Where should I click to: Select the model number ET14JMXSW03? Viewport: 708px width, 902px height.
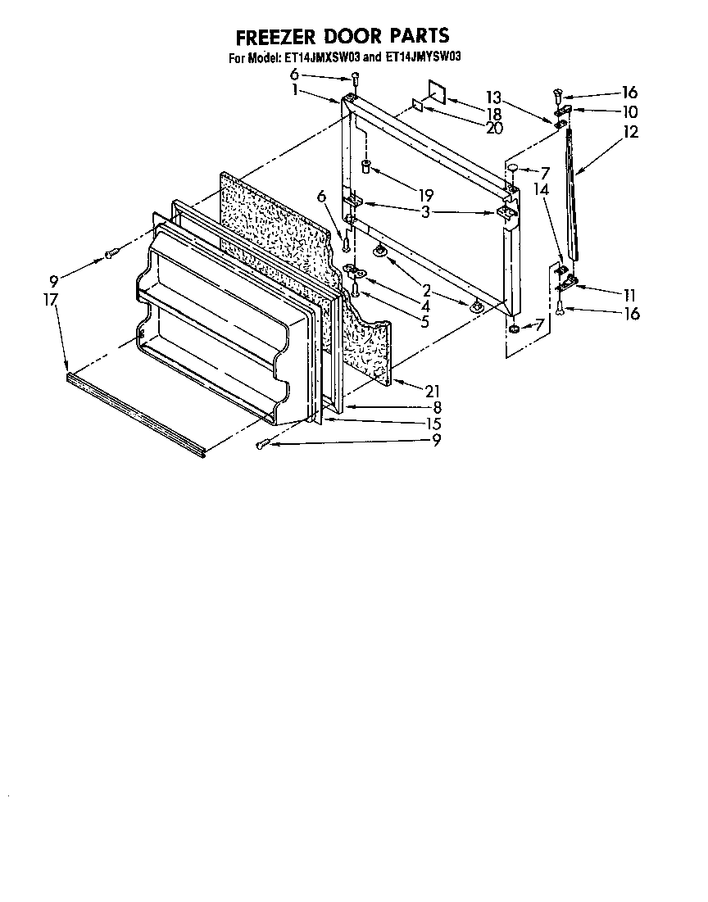[321, 58]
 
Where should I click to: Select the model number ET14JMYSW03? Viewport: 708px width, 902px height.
[424, 58]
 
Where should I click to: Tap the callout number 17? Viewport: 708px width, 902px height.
[51, 300]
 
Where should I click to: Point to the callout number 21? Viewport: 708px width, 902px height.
[433, 391]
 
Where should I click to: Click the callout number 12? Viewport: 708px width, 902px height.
[630, 131]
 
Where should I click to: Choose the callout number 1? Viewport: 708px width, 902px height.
[295, 90]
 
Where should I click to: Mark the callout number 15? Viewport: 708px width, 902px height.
[433, 424]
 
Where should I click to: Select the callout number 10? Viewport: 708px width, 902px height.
[629, 111]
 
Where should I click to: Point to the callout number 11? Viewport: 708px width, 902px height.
[629, 294]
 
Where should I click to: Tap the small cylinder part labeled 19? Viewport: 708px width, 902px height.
[368, 168]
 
